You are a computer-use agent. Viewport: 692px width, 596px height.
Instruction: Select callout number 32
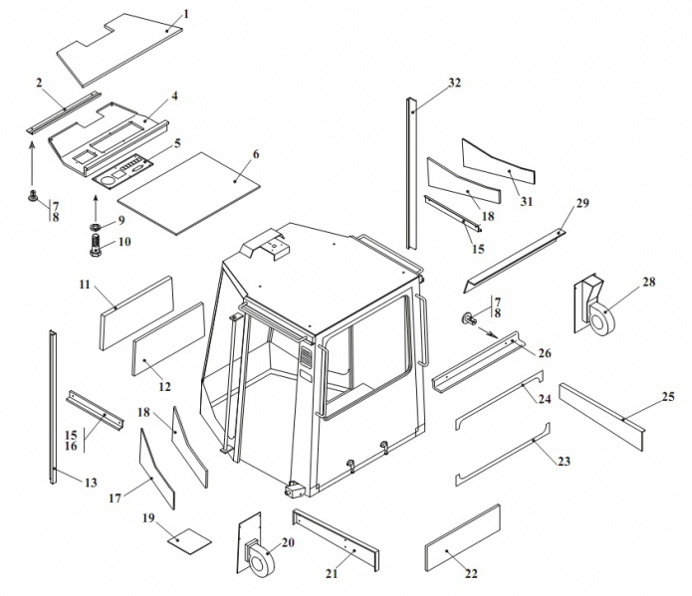(455, 82)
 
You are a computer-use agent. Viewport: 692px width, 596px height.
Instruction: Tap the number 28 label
(648, 283)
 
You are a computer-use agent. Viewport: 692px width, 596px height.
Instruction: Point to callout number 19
(149, 518)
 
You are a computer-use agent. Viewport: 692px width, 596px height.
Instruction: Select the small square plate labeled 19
(188, 540)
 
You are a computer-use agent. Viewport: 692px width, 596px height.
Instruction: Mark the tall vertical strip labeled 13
(53, 408)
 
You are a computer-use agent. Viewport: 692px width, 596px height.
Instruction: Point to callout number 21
(332, 573)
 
